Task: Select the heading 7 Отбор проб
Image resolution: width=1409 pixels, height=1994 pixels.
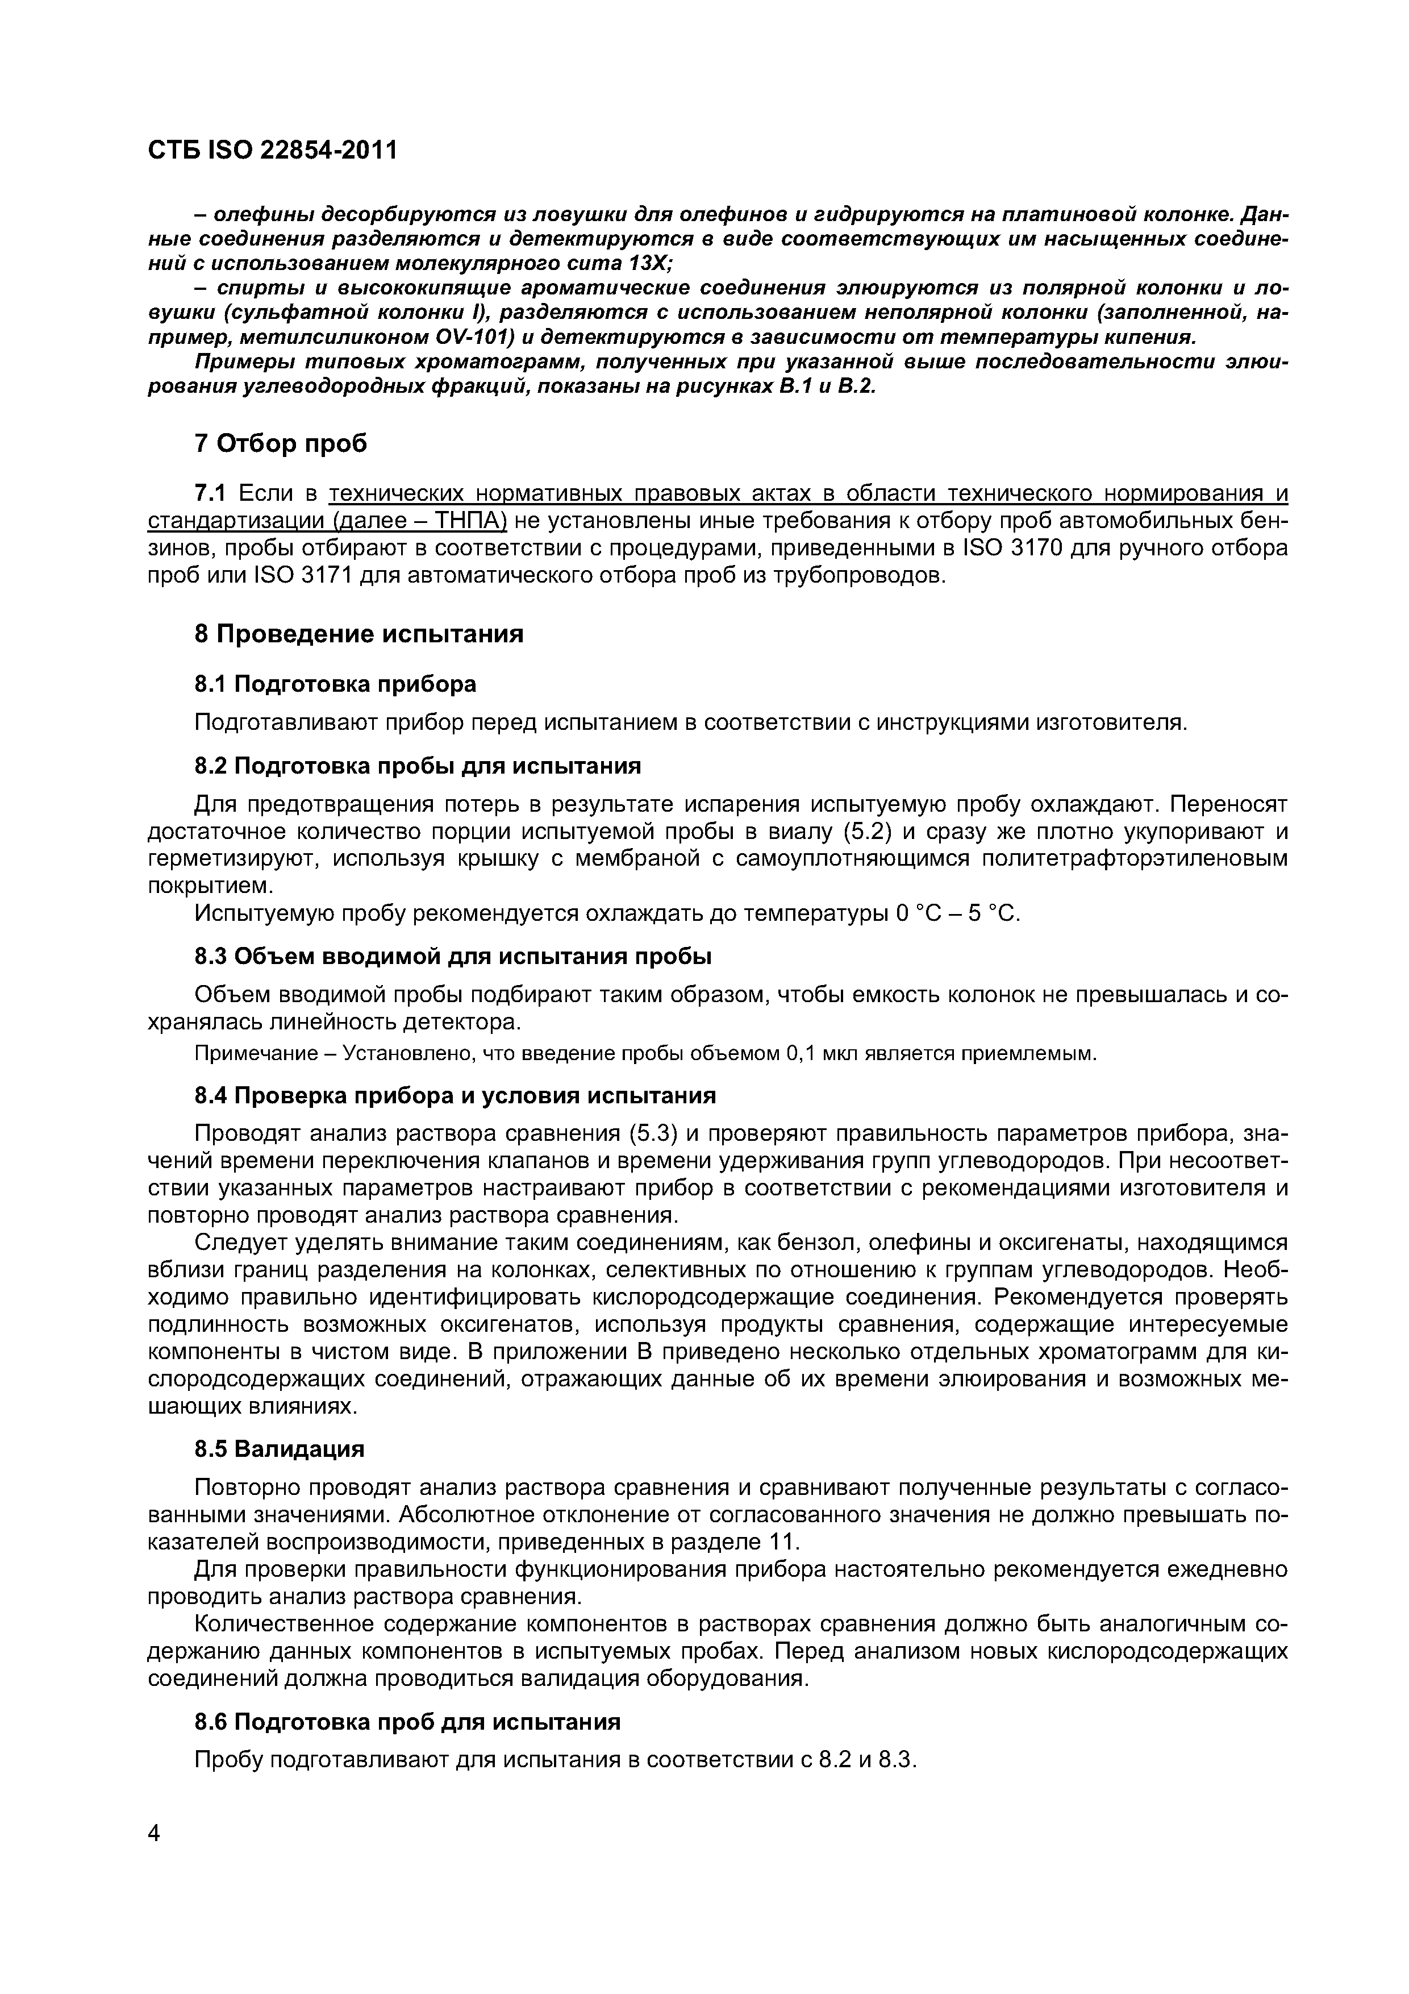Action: pyautogui.click(x=281, y=444)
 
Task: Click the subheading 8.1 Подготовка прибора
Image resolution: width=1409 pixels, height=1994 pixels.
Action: pyautogui.click(x=335, y=684)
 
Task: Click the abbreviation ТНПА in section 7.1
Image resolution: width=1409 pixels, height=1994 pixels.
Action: pyautogui.click(x=468, y=521)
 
